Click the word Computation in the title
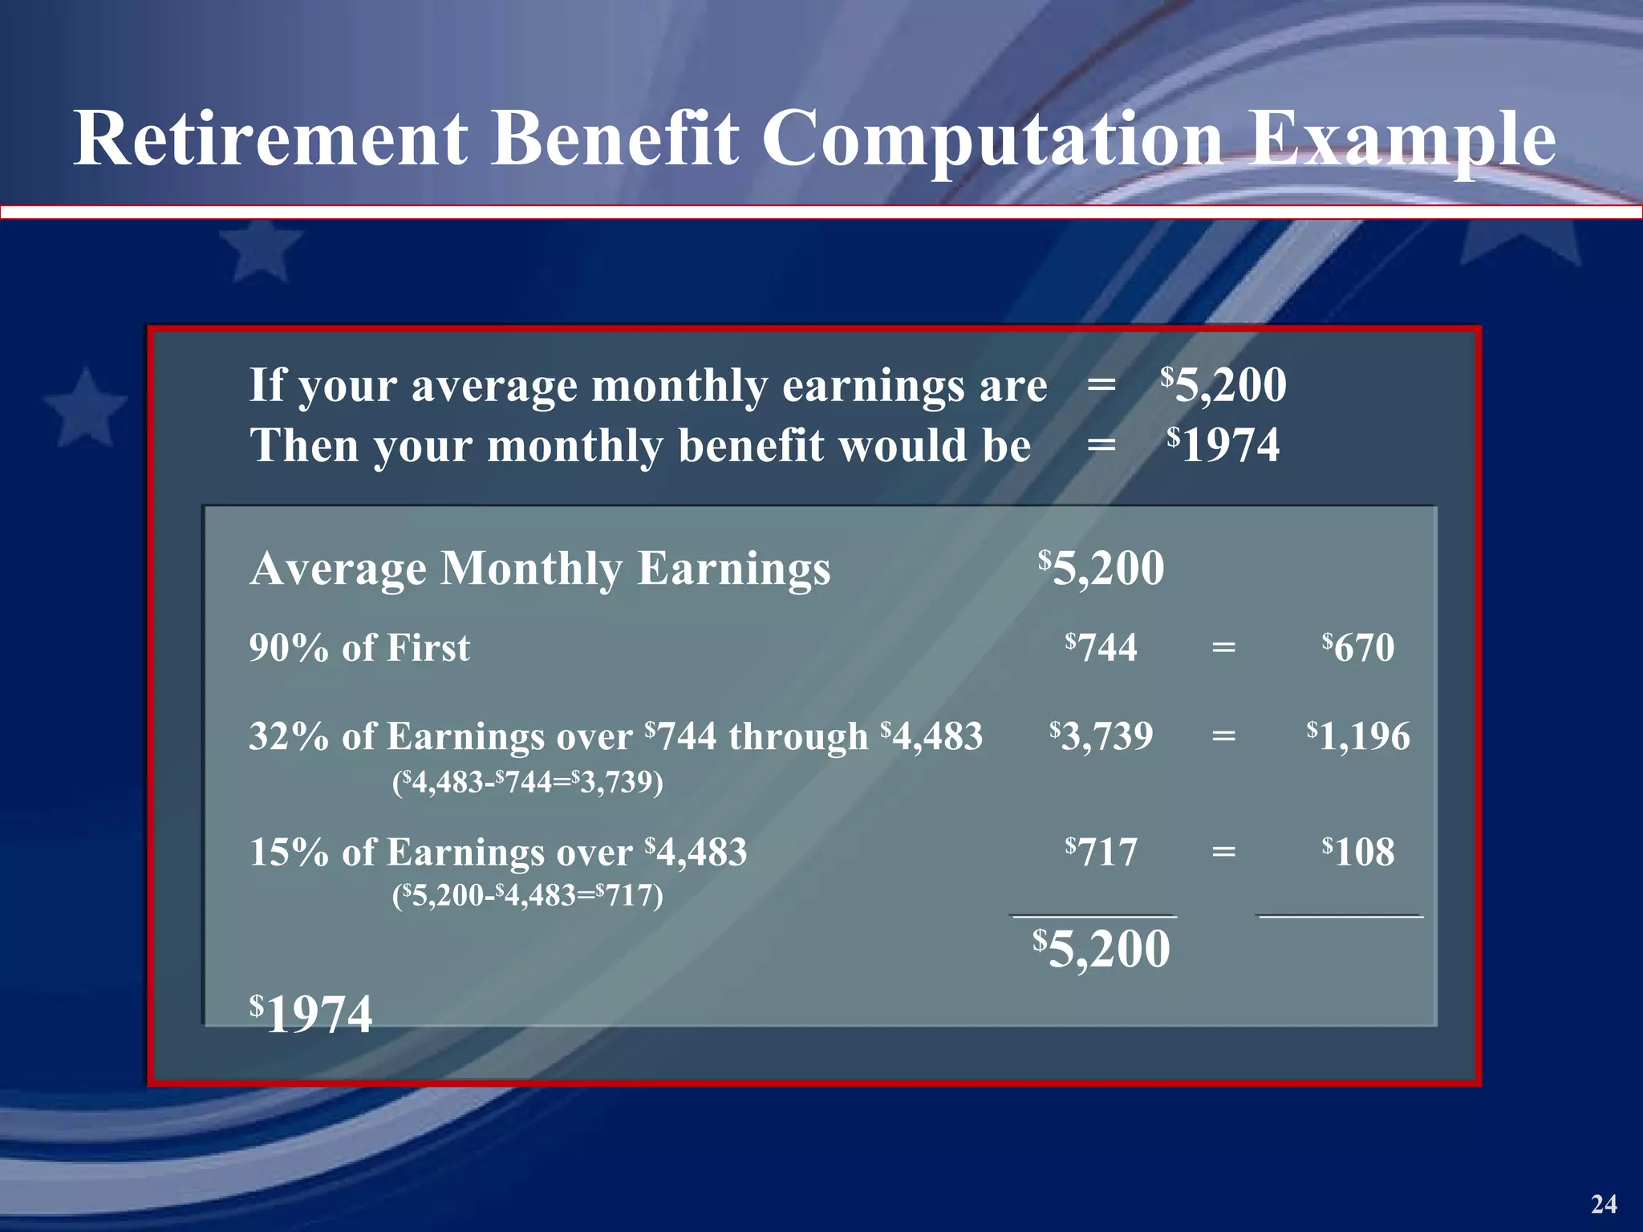[992, 141]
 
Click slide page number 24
[1604, 1204]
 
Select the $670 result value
[1359, 647]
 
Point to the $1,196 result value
[1359, 736]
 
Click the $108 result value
[1359, 852]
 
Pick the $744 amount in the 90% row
[1101, 647]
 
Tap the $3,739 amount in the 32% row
[1101, 736]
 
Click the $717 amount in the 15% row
[1101, 852]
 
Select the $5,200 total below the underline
[1101, 950]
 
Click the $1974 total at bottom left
[311, 1015]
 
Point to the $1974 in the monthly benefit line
[1223, 445]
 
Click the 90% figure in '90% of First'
[289, 648]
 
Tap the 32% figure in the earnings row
[289, 736]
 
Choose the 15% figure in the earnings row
[289, 852]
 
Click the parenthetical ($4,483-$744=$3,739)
[528, 782]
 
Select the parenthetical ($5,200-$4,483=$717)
[528, 895]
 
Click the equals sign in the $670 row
[1223, 647]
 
